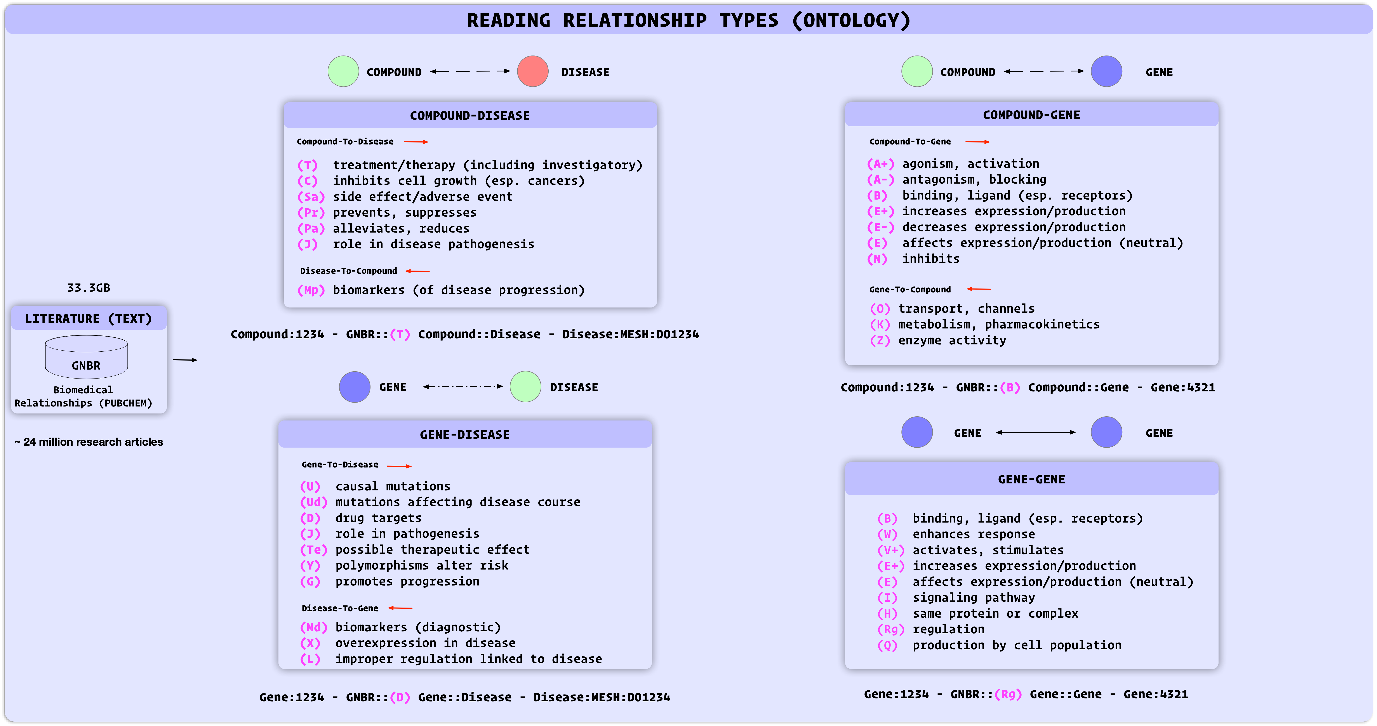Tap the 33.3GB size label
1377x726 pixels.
[x=89, y=288]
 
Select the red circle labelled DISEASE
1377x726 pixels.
[x=532, y=71]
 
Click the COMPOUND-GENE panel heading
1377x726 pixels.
[x=1031, y=115]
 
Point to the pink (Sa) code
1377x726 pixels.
[x=311, y=197]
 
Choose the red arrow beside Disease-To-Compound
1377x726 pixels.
[x=417, y=271]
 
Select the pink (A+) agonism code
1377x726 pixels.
[x=880, y=164]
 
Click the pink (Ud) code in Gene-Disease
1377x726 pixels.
[x=313, y=502]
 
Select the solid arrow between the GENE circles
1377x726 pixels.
[x=1035, y=432]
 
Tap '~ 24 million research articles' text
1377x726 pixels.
[x=89, y=442]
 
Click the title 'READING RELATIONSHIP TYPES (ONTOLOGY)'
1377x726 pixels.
[x=688, y=20]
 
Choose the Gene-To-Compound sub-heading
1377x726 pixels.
[x=910, y=289]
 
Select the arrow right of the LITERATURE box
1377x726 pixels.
[x=185, y=360]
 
